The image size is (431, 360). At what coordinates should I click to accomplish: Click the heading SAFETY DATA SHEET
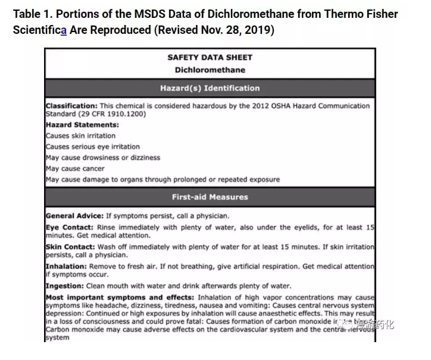click(x=210, y=58)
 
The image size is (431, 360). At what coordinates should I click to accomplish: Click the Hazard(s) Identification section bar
click(x=210, y=88)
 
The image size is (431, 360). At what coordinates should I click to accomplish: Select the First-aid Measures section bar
click(x=210, y=197)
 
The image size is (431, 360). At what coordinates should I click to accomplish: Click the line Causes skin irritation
click(x=81, y=136)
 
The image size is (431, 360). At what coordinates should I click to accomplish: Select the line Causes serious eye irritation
click(x=93, y=146)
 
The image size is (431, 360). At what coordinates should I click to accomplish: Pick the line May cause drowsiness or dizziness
click(x=103, y=158)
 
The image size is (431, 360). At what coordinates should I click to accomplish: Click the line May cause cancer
click(x=75, y=168)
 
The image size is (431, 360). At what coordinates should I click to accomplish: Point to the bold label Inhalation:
click(x=67, y=267)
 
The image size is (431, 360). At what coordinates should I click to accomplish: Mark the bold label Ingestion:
click(x=65, y=286)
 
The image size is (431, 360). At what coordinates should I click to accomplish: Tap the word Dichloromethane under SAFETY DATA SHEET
click(x=210, y=70)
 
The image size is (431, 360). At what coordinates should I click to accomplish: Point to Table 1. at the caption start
click(x=31, y=14)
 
